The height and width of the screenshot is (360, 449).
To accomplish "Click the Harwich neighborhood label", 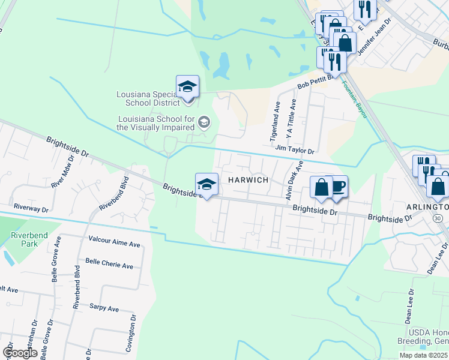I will click(x=246, y=180).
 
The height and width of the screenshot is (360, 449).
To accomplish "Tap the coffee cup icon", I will click(x=337, y=187).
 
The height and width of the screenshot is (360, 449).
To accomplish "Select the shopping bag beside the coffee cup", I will click(x=322, y=187).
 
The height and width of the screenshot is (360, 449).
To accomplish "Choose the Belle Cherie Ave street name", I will click(x=109, y=265).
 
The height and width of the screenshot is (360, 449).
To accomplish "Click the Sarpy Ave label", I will click(x=104, y=308).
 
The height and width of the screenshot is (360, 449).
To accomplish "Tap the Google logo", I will click(x=19, y=352).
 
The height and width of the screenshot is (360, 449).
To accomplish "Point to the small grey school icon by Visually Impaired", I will click(x=203, y=123).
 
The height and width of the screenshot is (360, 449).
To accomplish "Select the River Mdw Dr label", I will click(x=62, y=172).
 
